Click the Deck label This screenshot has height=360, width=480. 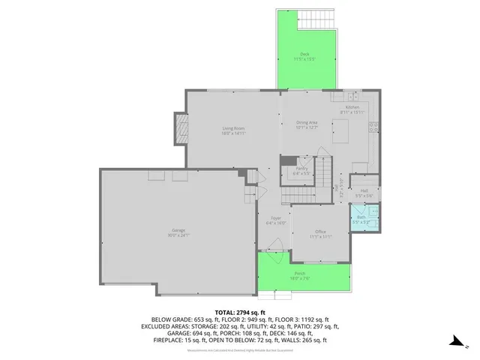304,54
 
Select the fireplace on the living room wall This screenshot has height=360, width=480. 180,131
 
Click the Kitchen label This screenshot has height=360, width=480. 353,108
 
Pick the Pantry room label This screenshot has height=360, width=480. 301,169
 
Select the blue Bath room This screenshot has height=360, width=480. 362,220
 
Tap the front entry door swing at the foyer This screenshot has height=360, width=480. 274,244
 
